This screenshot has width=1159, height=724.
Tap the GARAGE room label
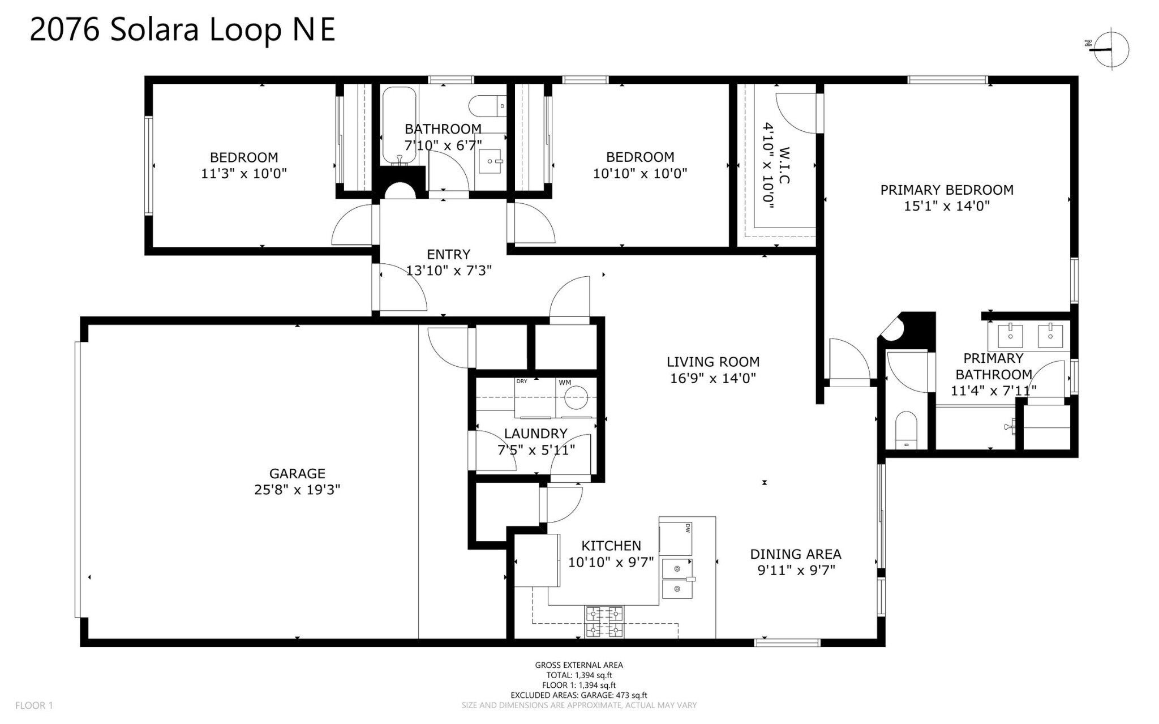[x=297, y=473]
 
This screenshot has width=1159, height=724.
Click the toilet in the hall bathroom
[x=486, y=105]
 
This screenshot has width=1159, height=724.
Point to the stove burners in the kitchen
[x=604, y=622]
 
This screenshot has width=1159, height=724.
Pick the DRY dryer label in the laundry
[x=522, y=382]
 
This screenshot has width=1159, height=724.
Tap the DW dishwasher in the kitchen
[x=677, y=538]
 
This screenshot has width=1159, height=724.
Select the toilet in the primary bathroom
[x=906, y=430]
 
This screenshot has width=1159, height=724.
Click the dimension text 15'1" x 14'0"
[x=946, y=206]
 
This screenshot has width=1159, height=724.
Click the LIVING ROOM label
[x=712, y=362]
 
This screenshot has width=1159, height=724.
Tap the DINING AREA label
[x=795, y=554]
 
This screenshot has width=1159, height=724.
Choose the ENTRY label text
[x=448, y=255]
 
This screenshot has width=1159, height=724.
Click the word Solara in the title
[x=154, y=29]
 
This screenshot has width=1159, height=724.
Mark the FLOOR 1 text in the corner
[x=34, y=705]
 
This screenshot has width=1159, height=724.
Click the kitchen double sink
[x=677, y=579]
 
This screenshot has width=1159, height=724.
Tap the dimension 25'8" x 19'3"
[x=297, y=490]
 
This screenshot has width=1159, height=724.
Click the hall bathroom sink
[x=490, y=161]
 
